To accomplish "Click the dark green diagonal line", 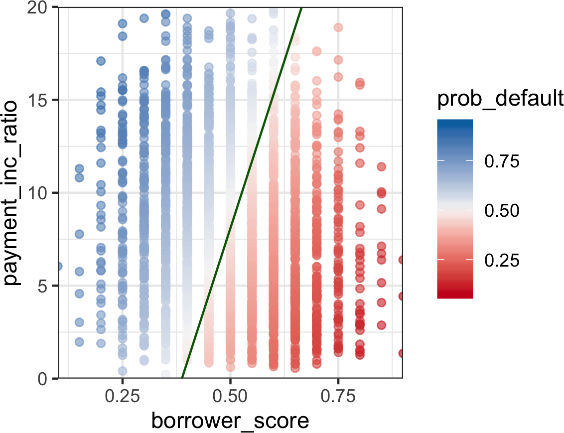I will pyautogui.click(x=242, y=193).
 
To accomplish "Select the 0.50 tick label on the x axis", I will pyautogui.click(x=230, y=397).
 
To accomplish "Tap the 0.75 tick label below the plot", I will pyautogui.click(x=338, y=397).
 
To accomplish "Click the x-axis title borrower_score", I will pyautogui.click(x=230, y=421).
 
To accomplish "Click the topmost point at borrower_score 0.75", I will pyautogui.click(x=338, y=27).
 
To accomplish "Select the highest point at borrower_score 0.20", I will pyautogui.click(x=101, y=61).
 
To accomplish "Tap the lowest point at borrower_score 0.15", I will pyautogui.click(x=79, y=342).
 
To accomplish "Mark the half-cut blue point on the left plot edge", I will pyautogui.click(x=59, y=266).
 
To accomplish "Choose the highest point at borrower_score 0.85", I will pyautogui.click(x=382, y=166).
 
